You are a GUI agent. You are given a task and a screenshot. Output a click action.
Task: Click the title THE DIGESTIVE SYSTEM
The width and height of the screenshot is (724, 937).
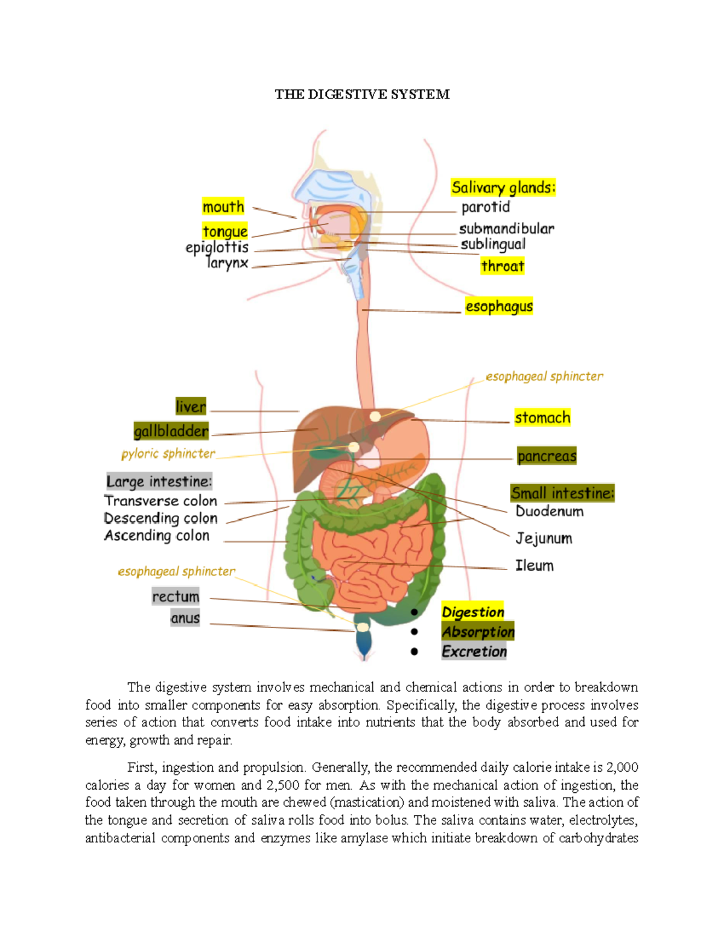point(362,94)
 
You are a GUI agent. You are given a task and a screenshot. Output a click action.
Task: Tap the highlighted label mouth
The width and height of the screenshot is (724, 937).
point(223,207)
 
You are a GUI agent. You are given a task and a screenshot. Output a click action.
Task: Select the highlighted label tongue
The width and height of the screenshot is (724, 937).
point(225,231)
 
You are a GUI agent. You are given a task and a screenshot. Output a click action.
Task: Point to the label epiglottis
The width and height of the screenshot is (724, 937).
point(217,247)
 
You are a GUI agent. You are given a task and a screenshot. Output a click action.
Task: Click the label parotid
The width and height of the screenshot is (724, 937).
point(486,207)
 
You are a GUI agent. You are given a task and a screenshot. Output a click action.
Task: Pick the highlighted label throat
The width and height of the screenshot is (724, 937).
point(503,266)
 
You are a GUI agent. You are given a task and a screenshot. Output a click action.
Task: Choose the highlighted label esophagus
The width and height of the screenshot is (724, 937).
point(499,307)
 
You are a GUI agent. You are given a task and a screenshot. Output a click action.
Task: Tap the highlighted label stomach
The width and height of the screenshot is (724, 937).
point(542,418)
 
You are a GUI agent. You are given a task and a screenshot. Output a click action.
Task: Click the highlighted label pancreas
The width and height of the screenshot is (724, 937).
point(547,456)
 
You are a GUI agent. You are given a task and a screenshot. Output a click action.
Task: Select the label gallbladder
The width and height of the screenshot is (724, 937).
point(171,431)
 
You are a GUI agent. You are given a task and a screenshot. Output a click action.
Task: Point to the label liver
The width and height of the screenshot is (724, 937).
point(191,407)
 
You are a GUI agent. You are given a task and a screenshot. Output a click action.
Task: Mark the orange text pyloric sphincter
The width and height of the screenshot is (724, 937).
point(168,454)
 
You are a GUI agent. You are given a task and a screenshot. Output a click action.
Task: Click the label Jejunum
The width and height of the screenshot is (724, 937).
point(544,538)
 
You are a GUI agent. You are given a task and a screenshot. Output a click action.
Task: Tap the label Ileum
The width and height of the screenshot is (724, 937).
point(534,565)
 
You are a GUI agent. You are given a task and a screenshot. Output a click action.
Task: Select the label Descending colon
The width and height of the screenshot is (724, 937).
point(160,518)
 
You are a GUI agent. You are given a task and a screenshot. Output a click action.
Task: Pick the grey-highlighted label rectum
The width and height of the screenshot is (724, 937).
point(176,596)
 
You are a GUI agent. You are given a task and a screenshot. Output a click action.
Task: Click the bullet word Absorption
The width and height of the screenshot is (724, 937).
point(478,632)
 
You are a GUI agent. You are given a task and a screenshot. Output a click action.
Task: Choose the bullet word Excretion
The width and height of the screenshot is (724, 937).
point(474,652)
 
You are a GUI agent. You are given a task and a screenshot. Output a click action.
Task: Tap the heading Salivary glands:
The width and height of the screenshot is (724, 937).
point(503,188)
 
